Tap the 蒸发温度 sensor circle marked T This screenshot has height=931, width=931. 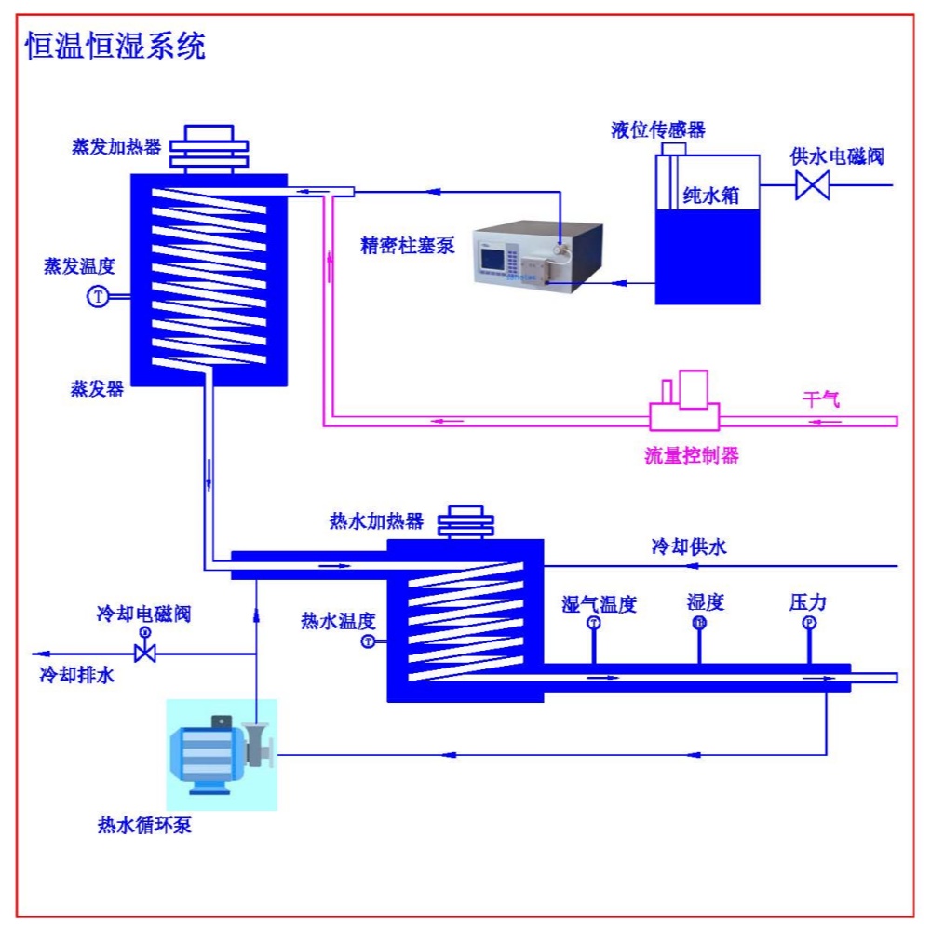(x=98, y=297)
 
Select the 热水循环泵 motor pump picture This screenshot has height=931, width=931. (x=222, y=754)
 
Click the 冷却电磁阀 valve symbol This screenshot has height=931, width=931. (x=144, y=653)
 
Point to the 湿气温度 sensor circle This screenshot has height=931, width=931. (x=594, y=624)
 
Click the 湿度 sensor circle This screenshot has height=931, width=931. (x=699, y=624)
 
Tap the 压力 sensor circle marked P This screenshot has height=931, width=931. (x=808, y=624)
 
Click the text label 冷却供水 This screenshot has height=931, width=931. (x=688, y=546)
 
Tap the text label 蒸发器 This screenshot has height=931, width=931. (x=97, y=387)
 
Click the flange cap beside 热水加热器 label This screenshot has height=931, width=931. (x=463, y=521)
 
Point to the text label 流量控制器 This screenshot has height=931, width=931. (x=692, y=455)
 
